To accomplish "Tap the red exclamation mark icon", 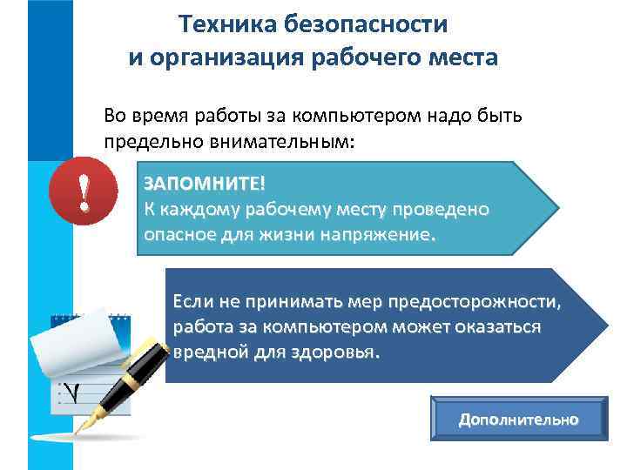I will [84, 192].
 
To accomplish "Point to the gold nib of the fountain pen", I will [87, 422].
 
